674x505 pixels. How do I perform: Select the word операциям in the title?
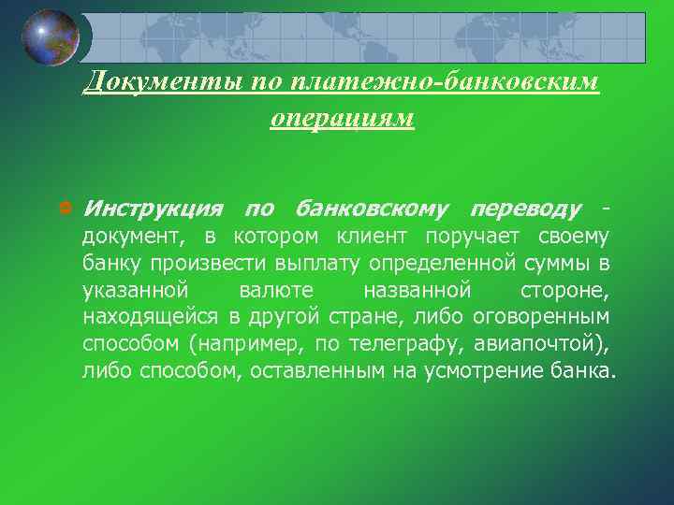[x=341, y=119]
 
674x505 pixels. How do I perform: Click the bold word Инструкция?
[x=152, y=207]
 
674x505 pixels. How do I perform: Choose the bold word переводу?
[x=527, y=207]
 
